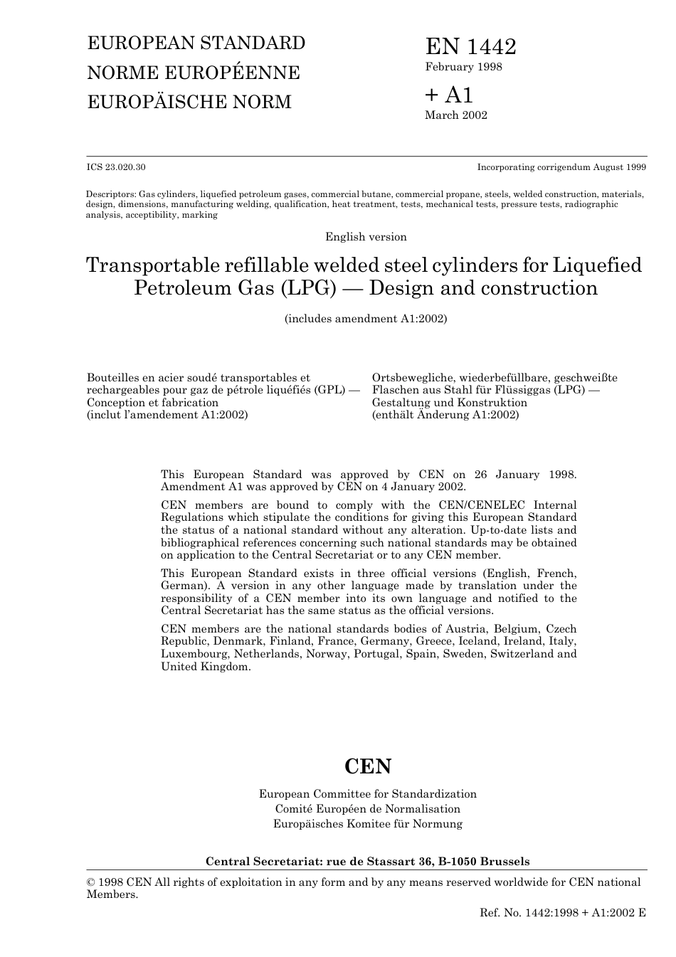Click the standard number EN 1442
470,47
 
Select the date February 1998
463,67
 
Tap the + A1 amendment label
449,95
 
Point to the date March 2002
456,115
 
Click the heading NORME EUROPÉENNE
194,73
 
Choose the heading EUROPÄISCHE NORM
189,102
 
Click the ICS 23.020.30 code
116,167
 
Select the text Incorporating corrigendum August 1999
561,167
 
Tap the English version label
366,237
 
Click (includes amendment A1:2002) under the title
366,319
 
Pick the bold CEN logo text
368,766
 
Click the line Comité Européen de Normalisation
368,809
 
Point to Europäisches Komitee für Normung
368,824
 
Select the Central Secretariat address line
368,862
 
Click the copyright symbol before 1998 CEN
91,882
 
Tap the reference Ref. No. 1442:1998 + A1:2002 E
563,912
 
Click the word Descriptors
110,194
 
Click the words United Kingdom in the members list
205,667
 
